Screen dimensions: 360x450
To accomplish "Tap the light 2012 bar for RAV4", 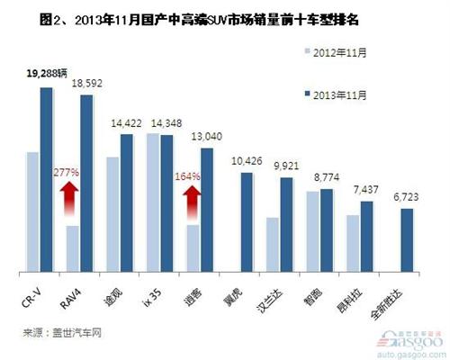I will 73,248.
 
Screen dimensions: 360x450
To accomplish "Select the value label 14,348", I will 167,122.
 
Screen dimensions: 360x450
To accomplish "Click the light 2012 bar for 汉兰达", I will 273,244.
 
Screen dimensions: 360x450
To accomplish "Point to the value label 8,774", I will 325,177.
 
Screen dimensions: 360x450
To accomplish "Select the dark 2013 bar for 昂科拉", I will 366,236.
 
